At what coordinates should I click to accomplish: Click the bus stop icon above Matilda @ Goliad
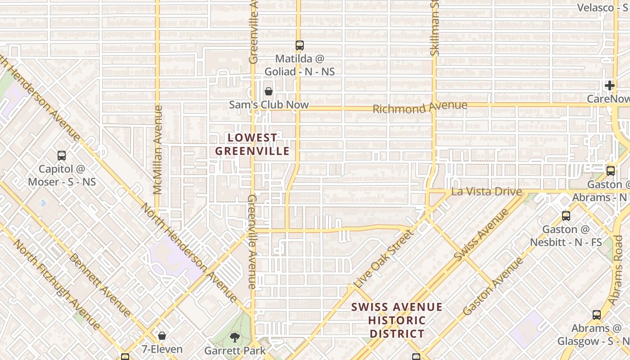[x=300, y=45]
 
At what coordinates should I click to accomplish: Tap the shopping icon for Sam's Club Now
[x=269, y=91]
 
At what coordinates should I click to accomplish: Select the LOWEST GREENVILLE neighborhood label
[x=252, y=144]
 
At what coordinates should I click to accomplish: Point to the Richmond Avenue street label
[x=420, y=107]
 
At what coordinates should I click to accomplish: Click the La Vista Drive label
[x=486, y=192]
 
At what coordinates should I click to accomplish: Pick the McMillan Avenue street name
[x=157, y=149]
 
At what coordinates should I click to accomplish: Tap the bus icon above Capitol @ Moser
[x=62, y=156]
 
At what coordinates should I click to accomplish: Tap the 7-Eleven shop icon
[x=162, y=336]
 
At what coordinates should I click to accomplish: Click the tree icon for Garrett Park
[x=234, y=337]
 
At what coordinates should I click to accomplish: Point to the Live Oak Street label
[x=383, y=259]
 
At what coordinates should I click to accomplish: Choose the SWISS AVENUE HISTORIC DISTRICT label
[x=396, y=320]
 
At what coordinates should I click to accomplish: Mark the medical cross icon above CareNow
[x=610, y=85]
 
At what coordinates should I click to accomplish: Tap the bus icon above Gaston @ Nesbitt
[x=566, y=216]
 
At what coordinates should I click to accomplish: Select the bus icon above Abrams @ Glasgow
[x=597, y=315]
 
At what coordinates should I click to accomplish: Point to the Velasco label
[x=595, y=8]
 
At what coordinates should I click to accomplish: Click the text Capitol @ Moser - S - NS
[x=62, y=175]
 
